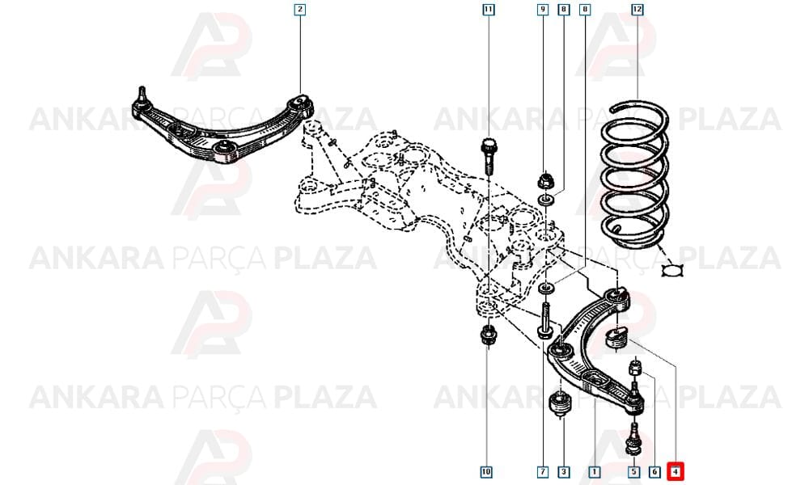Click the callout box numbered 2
(300, 9)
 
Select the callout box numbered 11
(488, 9)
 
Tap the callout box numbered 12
(637, 9)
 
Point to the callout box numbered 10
(486, 471)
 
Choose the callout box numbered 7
(542, 471)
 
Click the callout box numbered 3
(563, 471)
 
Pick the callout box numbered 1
(595, 471)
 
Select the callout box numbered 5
(633, 471)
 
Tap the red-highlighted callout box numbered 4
(676, 471)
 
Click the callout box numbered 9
(543, 9)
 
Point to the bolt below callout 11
(489, 156)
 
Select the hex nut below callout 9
(544, 181)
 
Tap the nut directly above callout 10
(488, 336)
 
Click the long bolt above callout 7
(546, 321)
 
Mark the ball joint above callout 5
(634, 440)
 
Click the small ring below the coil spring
(673, 270)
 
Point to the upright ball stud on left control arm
(142, 98)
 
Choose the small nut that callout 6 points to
(635, 368)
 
